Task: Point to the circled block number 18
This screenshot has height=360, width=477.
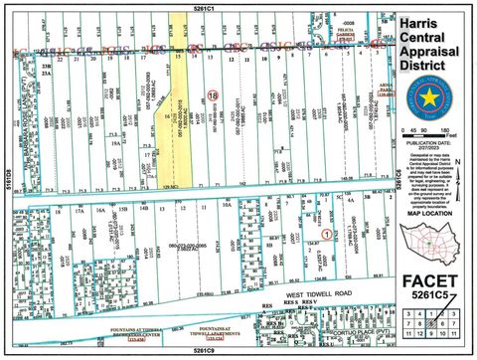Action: pyautogui.click(x=212, y=93)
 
